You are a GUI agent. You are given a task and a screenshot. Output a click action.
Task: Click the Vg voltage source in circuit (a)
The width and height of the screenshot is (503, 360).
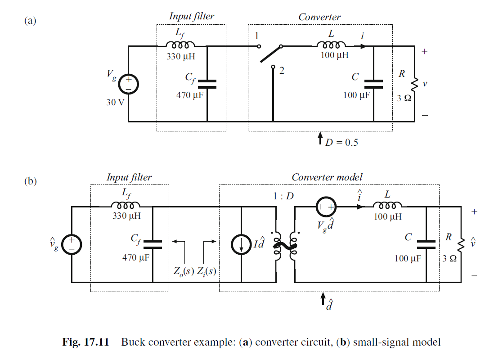click(128, 84)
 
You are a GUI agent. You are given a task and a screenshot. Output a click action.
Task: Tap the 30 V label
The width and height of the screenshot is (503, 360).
click(114, 102)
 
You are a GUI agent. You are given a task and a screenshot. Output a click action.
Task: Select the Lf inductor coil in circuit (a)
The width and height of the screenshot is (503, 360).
click(180, 45)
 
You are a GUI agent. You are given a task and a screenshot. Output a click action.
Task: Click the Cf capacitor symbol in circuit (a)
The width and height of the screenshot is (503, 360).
click(207, 84)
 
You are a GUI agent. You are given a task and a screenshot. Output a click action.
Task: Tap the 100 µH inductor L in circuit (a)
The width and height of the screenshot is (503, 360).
click(332, 45)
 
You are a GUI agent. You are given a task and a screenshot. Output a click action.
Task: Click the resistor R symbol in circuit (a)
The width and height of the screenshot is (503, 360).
click(414, 84)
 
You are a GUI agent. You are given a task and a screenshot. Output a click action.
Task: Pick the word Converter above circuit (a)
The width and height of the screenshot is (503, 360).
click(319, 17)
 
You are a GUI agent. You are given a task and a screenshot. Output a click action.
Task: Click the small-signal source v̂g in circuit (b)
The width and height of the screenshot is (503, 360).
click(71, 244)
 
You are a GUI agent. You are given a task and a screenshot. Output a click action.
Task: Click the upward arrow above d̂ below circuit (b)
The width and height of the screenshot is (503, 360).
click(323, 299)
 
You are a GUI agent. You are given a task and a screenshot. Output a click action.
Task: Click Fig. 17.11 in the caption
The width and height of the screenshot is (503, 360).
click(85, 342)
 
